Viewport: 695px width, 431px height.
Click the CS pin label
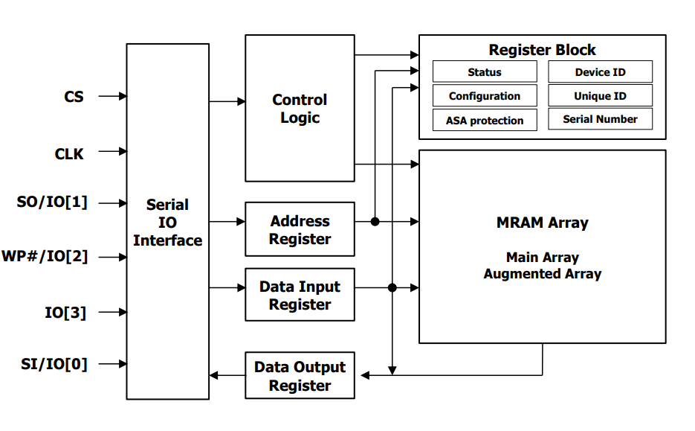(x=74, y=97)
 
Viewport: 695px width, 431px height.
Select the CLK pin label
(x=69, y=154)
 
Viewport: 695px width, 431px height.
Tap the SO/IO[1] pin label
(x=52, y=202)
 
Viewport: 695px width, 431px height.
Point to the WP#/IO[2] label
(x=45, y=257)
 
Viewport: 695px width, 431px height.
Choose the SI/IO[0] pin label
(x=54, y=364)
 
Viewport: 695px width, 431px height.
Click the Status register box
(x=485, y=72)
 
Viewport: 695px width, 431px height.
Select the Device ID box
(x=600, y=72)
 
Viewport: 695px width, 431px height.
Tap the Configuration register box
(x=485, y=96)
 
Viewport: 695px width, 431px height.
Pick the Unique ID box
(x=600, y=96)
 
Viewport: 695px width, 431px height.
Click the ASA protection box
(x=485, y=121)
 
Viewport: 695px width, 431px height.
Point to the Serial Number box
(x=600, y=119)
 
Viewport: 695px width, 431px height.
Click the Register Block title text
(x=542, y=50)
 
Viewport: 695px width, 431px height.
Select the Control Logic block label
(x=300, y=109)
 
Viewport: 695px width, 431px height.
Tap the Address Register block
(x=300, y=229)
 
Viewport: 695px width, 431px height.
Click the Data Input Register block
(x=300, y=295)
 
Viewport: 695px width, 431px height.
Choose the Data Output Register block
(x=300, y=376)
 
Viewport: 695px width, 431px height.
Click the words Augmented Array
(x=542, y=274)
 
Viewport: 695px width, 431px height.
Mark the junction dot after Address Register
(x=375, y=221)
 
